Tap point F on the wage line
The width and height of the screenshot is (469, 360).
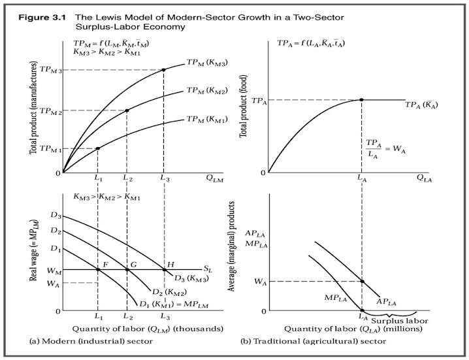(x=97, y=269)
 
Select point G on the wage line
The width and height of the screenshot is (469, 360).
(x=127, y=269)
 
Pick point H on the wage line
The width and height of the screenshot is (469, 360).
(x=163, y=269)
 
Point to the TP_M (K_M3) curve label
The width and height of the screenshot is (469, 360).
(x=206, y=63)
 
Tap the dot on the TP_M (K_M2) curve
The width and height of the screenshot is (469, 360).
(x=127, y=110)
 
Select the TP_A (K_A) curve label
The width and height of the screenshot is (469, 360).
(x=423, y=105)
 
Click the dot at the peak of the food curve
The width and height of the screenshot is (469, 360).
(x=361, y=99)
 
